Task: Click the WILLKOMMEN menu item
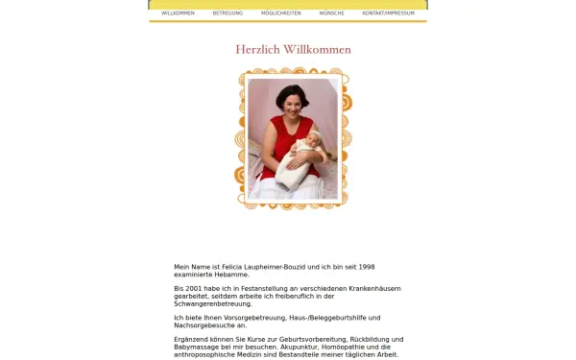tap(178, 13)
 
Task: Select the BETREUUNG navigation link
tap(228, 13)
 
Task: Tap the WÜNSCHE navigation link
tap(332, 13)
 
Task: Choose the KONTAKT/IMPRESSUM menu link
tap(388, 13)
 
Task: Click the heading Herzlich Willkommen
tap(293, 50)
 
